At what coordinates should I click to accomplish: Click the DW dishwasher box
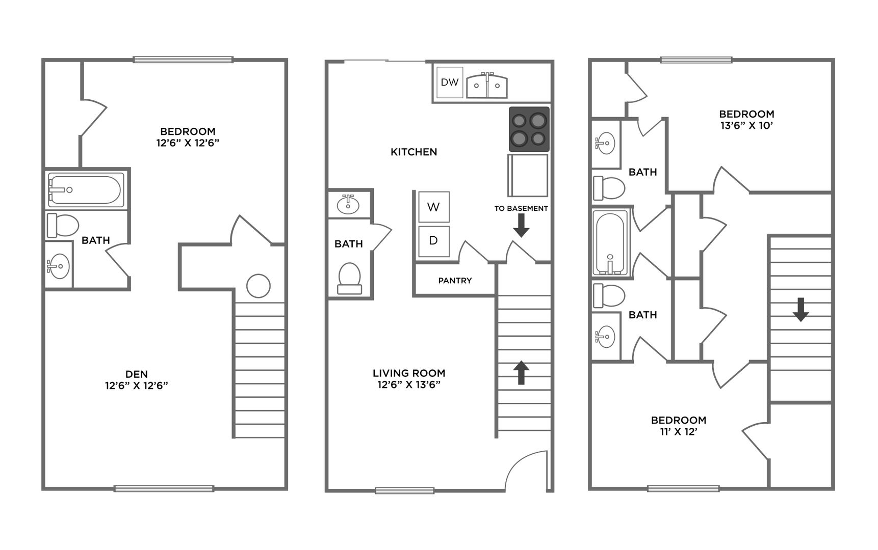click(450, 82)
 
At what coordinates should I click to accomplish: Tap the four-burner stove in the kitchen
click(529, 129)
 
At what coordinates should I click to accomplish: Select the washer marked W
click(434, 207)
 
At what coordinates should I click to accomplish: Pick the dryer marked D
click(434, 241)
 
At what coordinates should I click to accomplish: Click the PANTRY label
click(455, 281)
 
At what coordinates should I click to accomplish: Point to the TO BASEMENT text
click(521, 208)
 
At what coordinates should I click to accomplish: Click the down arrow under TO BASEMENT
click(521, 226)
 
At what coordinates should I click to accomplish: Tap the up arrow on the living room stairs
click(521, 372)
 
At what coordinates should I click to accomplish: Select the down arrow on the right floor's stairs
click(800, 310)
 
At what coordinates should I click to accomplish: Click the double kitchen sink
click(487, 86)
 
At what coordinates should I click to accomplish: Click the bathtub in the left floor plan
click(86, 190)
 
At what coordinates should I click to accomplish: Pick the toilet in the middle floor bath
click(350, 279)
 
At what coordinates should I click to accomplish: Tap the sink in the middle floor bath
click(348, 204)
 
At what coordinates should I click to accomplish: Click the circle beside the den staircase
click(259, 286)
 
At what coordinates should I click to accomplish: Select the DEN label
click(137, 374)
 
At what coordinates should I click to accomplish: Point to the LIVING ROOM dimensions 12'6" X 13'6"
click(409, 384)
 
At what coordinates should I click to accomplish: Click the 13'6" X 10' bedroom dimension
click(747, 125)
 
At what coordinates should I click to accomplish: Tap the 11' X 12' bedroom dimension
click(678, 432)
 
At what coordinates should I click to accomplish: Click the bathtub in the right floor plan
click(611, 243)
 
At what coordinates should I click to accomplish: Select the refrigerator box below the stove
click(528, 175)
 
